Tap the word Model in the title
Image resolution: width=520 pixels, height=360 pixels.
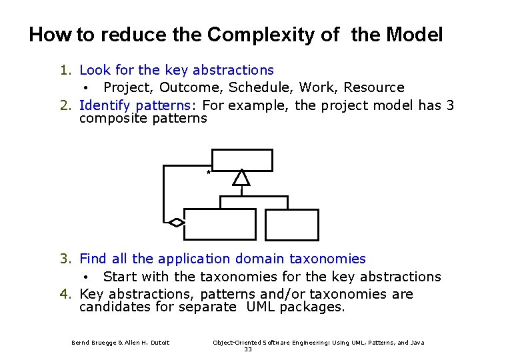415,35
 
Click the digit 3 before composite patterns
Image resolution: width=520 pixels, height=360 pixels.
450,105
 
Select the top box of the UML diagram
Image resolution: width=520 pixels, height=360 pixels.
242,160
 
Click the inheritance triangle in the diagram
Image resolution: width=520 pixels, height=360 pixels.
241,177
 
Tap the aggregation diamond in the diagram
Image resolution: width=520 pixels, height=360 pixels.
176,223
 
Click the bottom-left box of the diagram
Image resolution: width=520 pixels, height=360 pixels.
219,224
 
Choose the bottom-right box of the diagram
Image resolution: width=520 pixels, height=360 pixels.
292,224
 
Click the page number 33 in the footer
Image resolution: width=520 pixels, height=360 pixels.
248,349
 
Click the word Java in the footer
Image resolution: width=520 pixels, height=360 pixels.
417,343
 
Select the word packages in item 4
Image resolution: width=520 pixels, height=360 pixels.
312,307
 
